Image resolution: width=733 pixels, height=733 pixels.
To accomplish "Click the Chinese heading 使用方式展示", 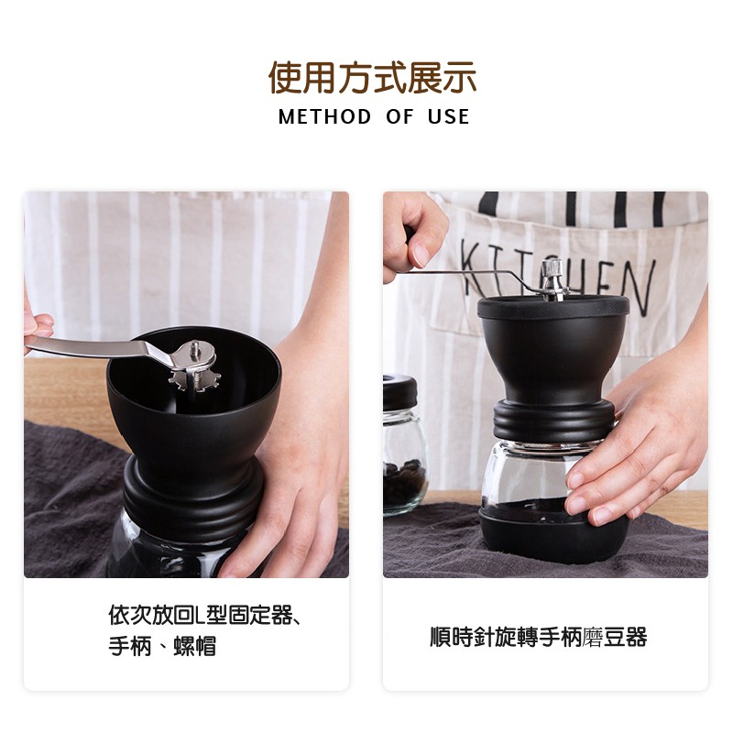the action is pos(373,78).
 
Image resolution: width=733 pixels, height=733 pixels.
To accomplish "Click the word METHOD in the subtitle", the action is pos(325,117).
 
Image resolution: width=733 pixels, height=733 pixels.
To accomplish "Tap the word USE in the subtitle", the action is pos(448,117).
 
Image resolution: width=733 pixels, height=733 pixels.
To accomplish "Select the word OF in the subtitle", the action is pos(399,117).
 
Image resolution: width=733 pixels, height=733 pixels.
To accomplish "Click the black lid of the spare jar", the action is pos(399,393).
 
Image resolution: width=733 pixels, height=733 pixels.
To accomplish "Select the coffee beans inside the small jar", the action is pos(404,482).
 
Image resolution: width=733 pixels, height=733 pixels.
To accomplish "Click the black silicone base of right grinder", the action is pos(553,533).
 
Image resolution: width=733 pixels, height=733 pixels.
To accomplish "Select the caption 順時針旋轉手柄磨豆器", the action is pos(539,637).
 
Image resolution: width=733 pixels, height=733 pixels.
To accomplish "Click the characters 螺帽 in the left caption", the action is pos(194,647).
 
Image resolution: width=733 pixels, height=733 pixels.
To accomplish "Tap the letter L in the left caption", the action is pos(199,615).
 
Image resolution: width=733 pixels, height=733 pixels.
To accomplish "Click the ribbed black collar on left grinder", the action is pos(192,496).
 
